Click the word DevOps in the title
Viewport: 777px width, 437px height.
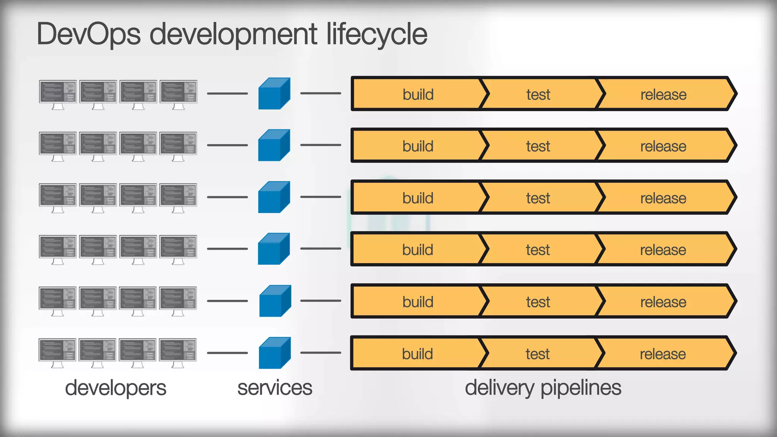(x=88, y=34)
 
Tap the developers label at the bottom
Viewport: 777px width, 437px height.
(x=115, y=388)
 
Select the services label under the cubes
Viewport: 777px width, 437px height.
(x=275, y=388)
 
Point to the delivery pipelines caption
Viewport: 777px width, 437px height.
(x=543, y=388)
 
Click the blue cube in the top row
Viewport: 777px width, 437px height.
(x=274, y=94)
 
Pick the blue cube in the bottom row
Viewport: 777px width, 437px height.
(x=274, y=353)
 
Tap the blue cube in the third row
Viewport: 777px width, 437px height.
(x=274, y=197)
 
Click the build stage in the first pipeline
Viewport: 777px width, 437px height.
(x=418, y=94)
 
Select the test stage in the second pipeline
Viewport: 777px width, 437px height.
(x=538, y=146)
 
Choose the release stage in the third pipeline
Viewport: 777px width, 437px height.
(x=663, y=198)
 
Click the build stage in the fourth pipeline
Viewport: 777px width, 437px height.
(x=417, y=250)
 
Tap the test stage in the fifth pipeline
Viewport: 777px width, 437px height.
(x=538, y=302)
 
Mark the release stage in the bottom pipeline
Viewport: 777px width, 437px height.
(x=663, y=354)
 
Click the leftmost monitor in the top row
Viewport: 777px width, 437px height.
(x=58, y=92)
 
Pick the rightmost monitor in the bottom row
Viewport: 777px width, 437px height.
(x=178, y=350)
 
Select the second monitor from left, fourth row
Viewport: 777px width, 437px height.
(x=98, y=247)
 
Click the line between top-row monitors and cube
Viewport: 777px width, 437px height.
(x=227, y=93)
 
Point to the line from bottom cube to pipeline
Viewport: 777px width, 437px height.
(x=321, y=353)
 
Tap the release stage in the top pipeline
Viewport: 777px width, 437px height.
(x=663, y=94)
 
